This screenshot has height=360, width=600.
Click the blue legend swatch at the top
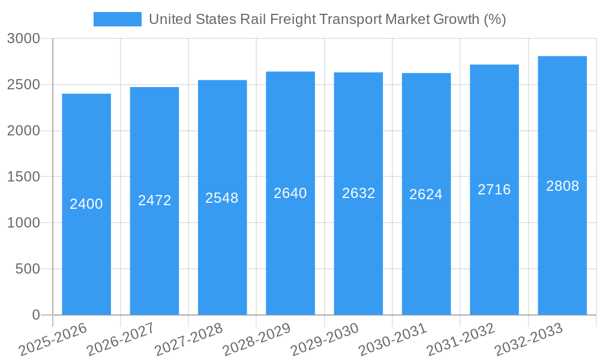click(118, 19)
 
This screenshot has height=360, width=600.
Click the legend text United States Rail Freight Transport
click(327, 19)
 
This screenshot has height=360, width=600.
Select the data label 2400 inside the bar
click(86, 204)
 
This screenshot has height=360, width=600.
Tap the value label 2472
click(155, 200)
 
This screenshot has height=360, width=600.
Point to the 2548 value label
click(222, 198)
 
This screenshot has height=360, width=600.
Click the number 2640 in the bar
click(290, 193)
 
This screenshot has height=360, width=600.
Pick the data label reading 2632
click(359, 193)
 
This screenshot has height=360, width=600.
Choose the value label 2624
click(426, 194)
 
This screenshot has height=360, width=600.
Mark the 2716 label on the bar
click(494, 190)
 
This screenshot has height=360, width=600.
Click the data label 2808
click(563, 186)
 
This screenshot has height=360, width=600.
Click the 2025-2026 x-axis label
click(53, 340)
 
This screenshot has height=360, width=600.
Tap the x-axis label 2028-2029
click(257, 340)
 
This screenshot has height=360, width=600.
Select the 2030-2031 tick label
click(393, 340)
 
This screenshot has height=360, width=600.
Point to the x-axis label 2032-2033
click(529, 340)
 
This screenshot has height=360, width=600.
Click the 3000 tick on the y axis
click(23, 38)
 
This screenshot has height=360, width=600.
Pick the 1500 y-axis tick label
click(23, 177)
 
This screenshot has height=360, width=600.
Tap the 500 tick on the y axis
click(28, 269)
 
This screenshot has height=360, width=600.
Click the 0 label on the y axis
click(35, 315)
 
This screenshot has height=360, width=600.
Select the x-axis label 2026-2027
click(121, 340)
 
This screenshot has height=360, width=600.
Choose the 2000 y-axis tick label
click(23, 131)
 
